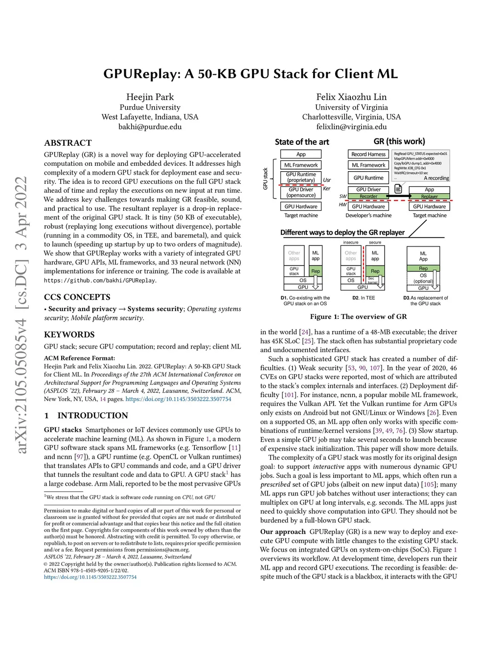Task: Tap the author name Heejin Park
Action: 150,97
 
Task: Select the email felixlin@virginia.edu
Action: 351,127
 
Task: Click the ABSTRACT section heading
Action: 68,143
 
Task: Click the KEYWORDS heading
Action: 69,335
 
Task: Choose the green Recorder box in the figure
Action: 368,197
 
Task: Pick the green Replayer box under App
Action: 429,197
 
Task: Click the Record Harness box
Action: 368,154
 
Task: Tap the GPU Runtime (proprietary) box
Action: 301,177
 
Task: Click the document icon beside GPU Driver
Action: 398,189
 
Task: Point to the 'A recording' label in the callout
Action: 436,178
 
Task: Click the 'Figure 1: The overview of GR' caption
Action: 358,316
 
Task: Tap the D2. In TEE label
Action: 364,298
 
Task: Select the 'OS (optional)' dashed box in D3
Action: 423,278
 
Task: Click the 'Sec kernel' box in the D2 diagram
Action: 372,280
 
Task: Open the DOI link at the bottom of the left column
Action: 91,577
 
